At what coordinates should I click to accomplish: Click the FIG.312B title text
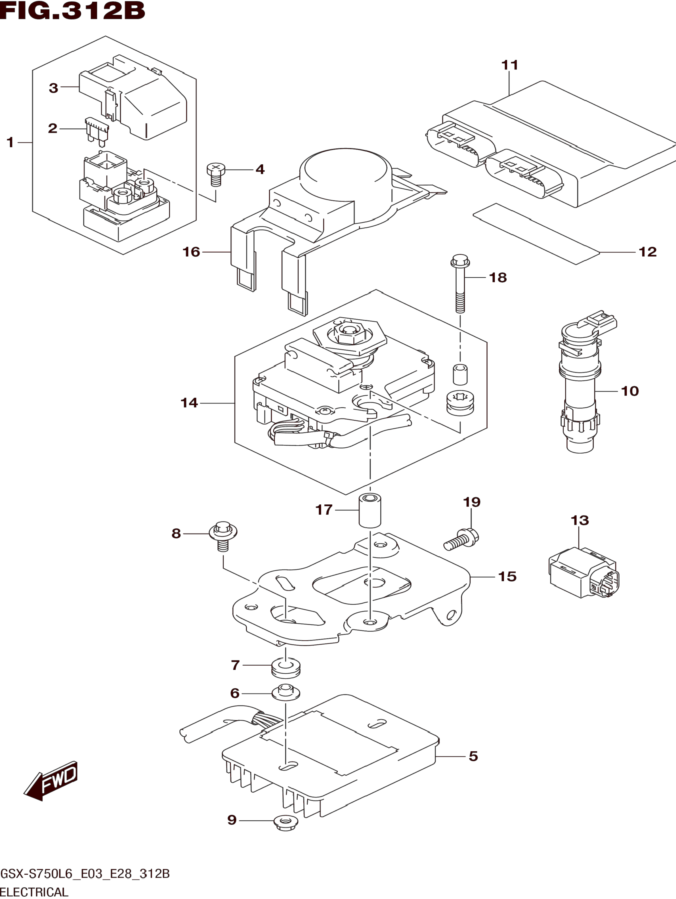tap(72, 11)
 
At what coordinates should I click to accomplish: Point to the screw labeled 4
tap(216, 174)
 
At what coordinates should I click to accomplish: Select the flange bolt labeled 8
tap(222, 535)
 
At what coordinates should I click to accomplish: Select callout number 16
tap(191, 252)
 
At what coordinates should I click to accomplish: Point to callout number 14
tap(189, 403)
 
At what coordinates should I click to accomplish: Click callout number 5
tap(473, 756)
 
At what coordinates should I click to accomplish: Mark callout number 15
tap(507, 576)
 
